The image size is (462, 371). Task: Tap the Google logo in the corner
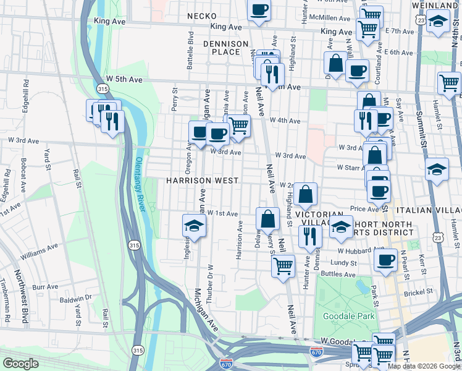coord(20,363)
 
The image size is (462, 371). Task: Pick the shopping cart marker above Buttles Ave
coord(283,267)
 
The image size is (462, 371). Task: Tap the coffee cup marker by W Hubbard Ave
coord(386,259)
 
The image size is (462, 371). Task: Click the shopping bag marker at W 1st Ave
coord(267,219)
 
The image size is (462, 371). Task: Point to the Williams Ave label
coord(38,250)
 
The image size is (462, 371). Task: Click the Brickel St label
coord(419,290)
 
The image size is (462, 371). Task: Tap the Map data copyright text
coord(424,366)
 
